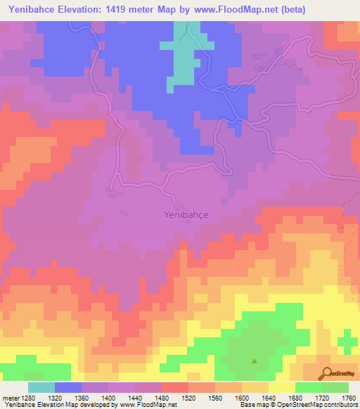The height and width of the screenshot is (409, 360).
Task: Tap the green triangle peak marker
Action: [255, 361]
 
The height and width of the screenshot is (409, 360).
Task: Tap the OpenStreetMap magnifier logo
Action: [326, 373]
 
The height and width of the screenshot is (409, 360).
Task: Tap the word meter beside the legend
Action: [12, 397]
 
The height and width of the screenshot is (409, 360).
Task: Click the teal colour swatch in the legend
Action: [41, 387]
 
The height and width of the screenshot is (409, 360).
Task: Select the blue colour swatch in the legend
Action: [68, 387]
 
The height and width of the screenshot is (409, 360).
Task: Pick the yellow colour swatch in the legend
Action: [282, 387]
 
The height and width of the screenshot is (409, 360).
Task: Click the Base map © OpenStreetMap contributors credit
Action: [297, 405]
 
